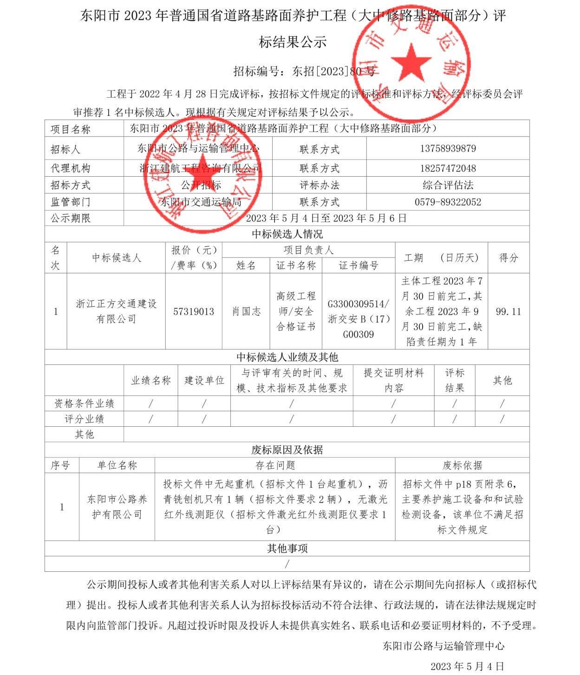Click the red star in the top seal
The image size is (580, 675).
click(411, 62)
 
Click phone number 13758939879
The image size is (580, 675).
click(448, 149)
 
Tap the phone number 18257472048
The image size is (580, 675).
click(448, 168)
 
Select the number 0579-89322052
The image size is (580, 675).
click(448, 202)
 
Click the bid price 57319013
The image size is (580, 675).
click(194, 311)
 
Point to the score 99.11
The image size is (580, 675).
click(508, 311)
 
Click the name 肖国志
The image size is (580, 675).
click(246, 311)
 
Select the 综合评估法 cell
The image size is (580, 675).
click(448, 185)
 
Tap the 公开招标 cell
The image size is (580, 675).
click(201, 185)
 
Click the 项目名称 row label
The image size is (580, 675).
click(71, 129)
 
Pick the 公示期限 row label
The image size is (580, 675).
click(71, 218)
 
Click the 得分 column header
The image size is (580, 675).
click(508, 258)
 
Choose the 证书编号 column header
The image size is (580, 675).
click(358, 265)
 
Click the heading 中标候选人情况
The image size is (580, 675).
click(287, 234)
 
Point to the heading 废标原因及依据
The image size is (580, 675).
click(287, 450)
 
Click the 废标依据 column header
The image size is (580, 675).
click(462, 465)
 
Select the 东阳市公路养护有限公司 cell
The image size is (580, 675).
click(117, 507)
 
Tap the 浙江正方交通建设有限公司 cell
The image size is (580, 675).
click(116, 311)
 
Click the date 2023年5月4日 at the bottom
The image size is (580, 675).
click(467, 666)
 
